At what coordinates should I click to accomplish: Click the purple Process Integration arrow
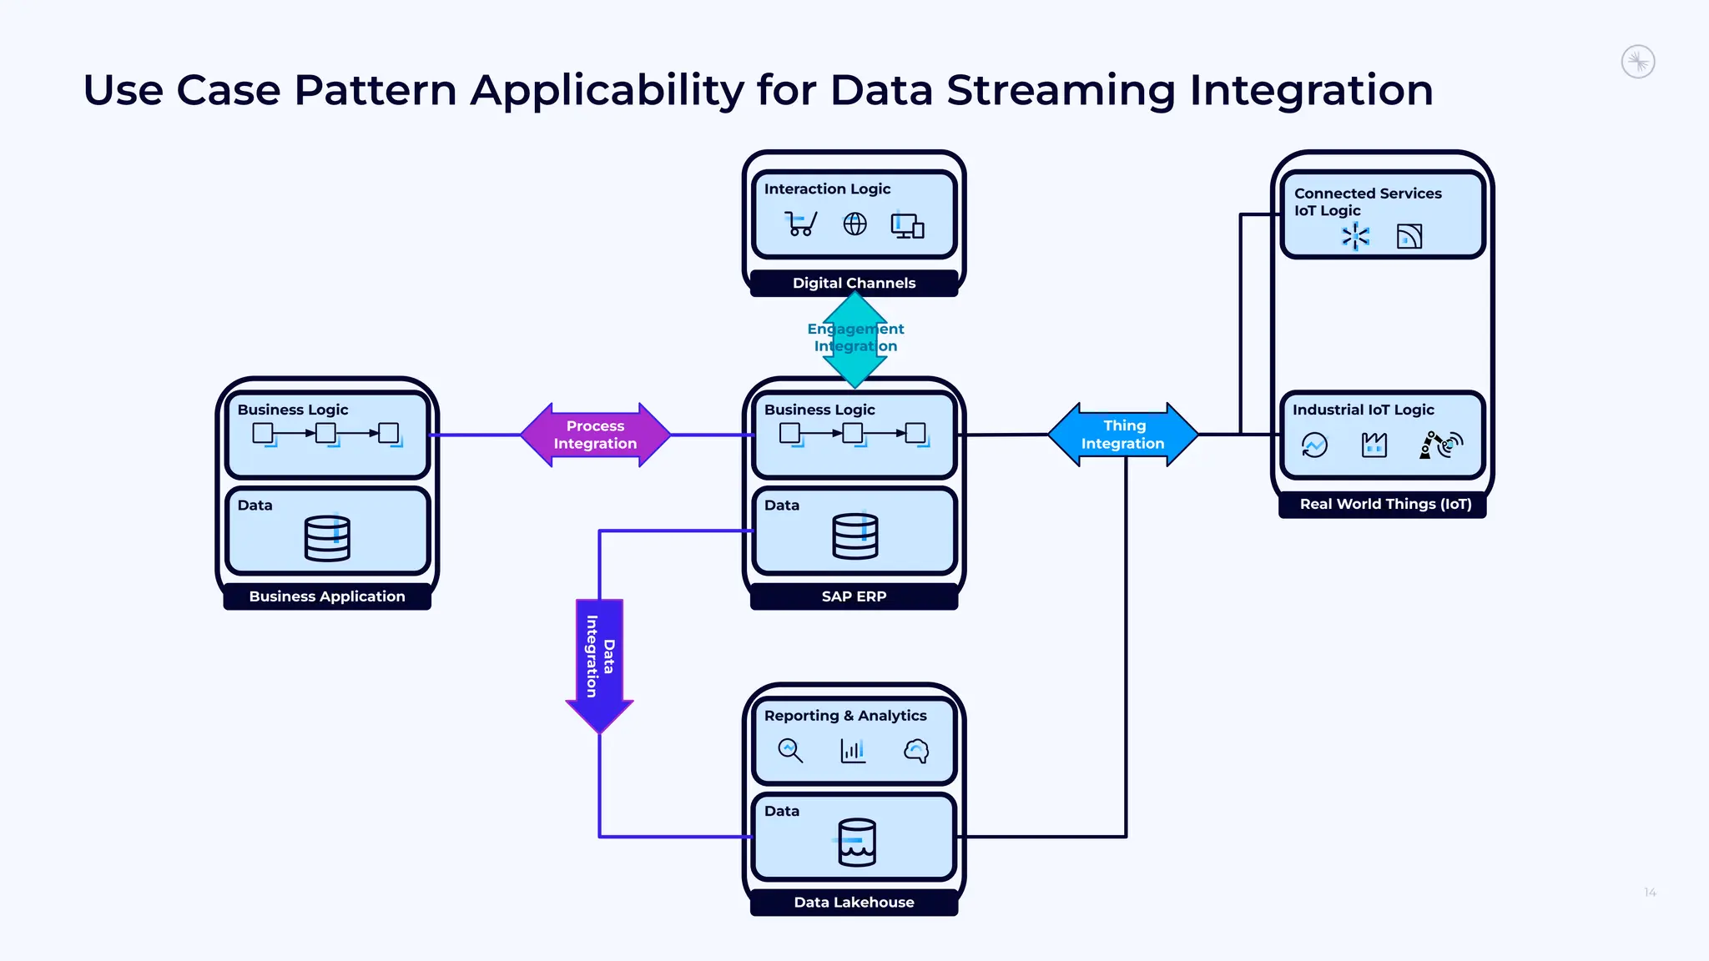[595, 435]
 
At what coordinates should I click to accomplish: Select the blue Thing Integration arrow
[1122, 435]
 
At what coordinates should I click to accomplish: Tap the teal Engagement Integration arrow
[855, 338]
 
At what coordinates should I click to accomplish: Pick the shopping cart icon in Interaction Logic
[800, 224]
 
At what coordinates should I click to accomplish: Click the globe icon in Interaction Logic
[854, 224]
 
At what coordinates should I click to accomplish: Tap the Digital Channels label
[854, 283]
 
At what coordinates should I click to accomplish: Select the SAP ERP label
[854, 596]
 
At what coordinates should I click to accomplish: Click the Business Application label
[327, 596]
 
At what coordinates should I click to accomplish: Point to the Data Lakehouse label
[854, 902]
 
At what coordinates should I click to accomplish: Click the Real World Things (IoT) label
[1385, 504]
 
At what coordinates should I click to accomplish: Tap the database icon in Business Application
[327, 537]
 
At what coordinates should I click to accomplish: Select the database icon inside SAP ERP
[855, 536]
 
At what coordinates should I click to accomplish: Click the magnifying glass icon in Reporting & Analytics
[789, 750]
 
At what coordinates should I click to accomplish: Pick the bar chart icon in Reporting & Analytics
[853, 750]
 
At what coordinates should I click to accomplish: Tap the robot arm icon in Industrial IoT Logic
[1440, 445]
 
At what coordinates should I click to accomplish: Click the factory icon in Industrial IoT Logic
[1374, 445]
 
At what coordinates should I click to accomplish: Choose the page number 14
[1650, 893]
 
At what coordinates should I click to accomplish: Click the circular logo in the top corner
[1637, 62]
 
